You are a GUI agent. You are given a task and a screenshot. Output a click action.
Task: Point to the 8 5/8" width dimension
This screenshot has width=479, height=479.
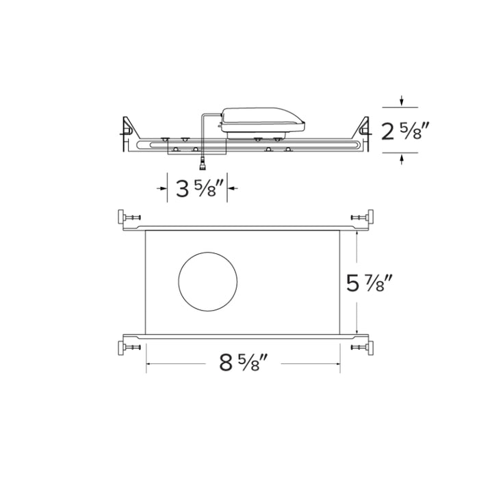[243, 363]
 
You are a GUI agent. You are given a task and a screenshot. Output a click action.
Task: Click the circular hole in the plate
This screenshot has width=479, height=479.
[209, 281]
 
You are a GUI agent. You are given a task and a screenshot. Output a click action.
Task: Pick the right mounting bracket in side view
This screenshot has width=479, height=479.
[363, 129]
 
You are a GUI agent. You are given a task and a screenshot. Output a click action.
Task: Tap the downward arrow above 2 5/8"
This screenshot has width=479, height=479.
[402, 102]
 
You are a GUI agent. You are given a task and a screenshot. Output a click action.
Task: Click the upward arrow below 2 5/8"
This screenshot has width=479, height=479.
[402, 159]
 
